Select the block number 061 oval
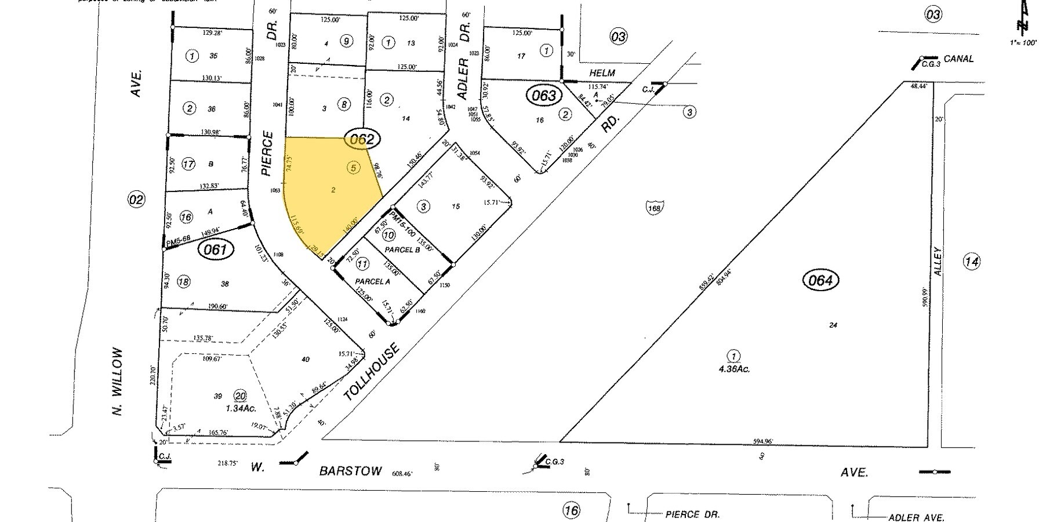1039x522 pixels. point(215,250)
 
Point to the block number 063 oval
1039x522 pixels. point(543,95)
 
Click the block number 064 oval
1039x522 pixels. point(821,281)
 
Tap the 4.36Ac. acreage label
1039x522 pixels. point(733,368)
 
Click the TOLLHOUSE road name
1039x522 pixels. point(372,372)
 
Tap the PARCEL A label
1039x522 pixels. point(372,281)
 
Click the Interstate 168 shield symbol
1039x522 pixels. point(655,207)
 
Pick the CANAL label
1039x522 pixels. point(958,59)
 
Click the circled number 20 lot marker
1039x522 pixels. point(240,396)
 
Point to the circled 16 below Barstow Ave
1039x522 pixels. point(571,510)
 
